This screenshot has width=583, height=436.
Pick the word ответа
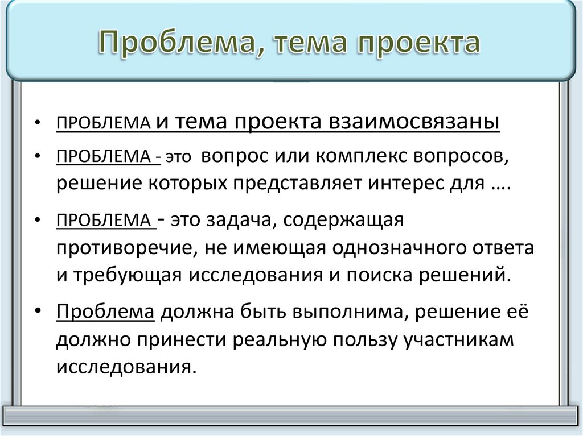[x=506, y=248]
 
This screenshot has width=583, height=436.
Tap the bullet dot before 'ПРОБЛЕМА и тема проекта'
[x=37, y=123]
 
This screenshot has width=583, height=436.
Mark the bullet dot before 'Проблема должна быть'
[x=37, y=313]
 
